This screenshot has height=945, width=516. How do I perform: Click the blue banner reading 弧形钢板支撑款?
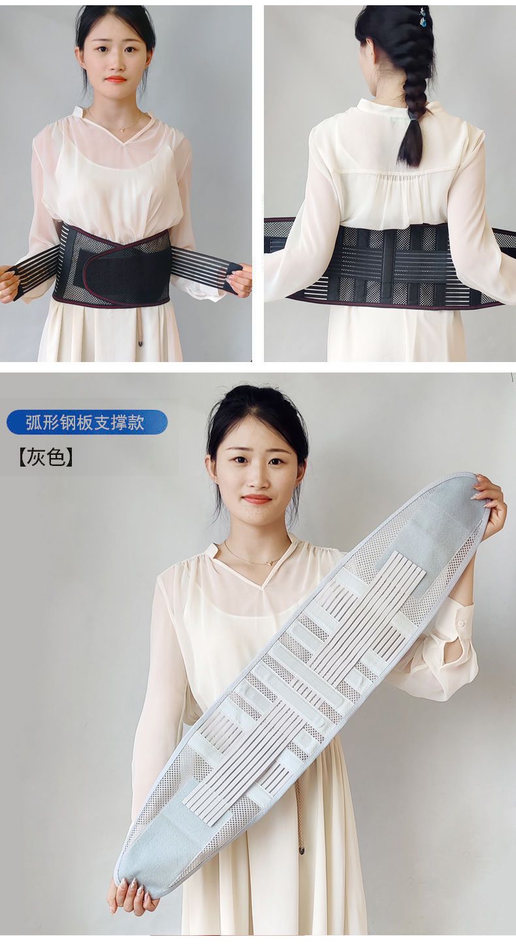pyautogui.click(x=87, y=422)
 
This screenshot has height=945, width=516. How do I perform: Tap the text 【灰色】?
pyautogui.click(x=46, y=457)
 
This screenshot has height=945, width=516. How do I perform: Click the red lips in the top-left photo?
pyautogui.click(x=116, y=79)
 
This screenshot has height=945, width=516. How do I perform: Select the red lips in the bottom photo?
pyautogui.click(x=257, y=499)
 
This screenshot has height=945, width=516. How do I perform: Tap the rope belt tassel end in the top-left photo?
pyautogui.click(x=139, y=344)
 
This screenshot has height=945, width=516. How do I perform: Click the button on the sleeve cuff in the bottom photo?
pyautogui.click(x=460, y=622)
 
